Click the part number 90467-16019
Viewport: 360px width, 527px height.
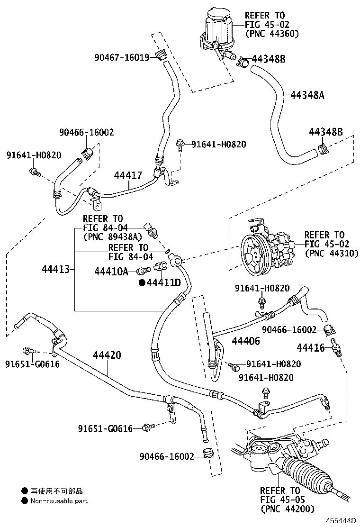[x=121, y=57]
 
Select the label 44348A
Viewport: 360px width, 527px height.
[x=307, y=95]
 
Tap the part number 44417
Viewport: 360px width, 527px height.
[x=128, y=175]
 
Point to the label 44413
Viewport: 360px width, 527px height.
[x=54, y=270]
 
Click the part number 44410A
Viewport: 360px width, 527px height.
[x=111, y=271]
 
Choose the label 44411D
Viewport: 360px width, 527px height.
[x=163, y=283]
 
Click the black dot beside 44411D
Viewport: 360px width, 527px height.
[x=142, y=283]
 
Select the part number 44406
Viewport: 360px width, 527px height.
[x=246, y=341]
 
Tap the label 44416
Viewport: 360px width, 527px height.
[x=310, y=348]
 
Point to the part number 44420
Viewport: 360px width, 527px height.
[x=107, y=355]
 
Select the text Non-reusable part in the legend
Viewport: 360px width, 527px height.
[x=59, y=500]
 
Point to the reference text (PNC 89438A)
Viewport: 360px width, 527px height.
[x=112, y=236]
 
